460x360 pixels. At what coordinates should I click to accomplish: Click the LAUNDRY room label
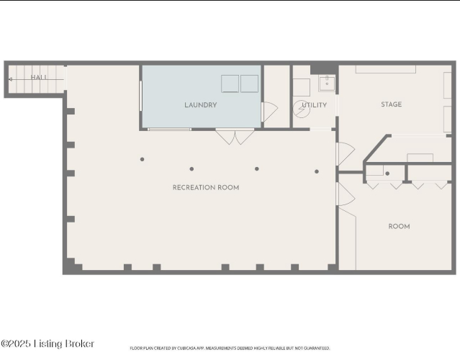[201, 105]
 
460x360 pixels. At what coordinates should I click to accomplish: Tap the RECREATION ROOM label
[206, 187]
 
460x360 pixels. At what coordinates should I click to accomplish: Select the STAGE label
[392, 104]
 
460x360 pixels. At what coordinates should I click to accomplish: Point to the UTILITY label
[314, 105]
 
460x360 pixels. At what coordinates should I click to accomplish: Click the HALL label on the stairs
[39, 77]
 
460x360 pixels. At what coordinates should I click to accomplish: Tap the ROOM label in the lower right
[399, 226]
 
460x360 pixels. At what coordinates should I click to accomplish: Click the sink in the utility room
[327, 84]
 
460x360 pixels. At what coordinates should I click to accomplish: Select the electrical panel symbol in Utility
[302, 109]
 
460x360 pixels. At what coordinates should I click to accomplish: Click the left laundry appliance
[230, 84]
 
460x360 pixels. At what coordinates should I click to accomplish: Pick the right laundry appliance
[249, 84]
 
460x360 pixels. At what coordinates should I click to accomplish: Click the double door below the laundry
[235, 137]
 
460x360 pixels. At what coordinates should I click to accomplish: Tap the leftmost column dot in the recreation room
[143, 159]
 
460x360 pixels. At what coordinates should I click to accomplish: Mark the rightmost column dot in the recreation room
[317, 171]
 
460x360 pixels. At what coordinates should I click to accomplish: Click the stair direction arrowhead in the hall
[10, 79]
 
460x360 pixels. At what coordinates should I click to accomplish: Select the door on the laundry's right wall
[269, 112]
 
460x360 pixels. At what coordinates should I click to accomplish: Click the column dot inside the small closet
[387, 174]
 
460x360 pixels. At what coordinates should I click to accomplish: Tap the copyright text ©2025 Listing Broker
[48, 343]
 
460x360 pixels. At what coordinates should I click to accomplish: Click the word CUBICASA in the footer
[185, 348]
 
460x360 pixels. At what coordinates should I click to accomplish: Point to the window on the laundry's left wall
[141, 96]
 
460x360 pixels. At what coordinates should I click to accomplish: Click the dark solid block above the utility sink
[324, 69]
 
